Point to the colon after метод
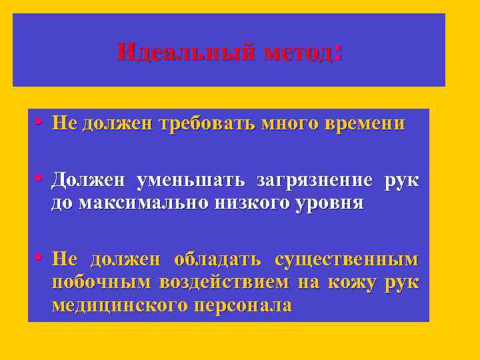click(x=339, y=52)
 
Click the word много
click(x=287, y=123)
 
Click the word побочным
click(x=101, y=283)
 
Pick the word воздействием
click(x=224, y=283)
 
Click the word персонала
click(x=243, y=305)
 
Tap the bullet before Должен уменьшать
click(x=39, y=179)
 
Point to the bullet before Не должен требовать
click(x=39, y=123)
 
